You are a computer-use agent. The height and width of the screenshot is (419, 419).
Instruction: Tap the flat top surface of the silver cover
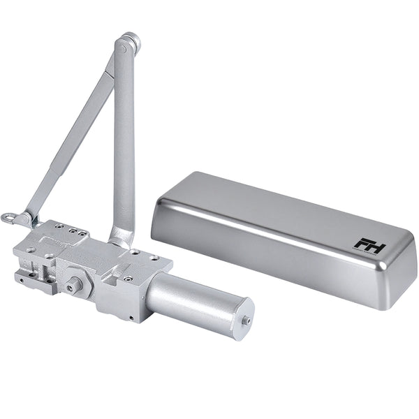pos(279,209)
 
